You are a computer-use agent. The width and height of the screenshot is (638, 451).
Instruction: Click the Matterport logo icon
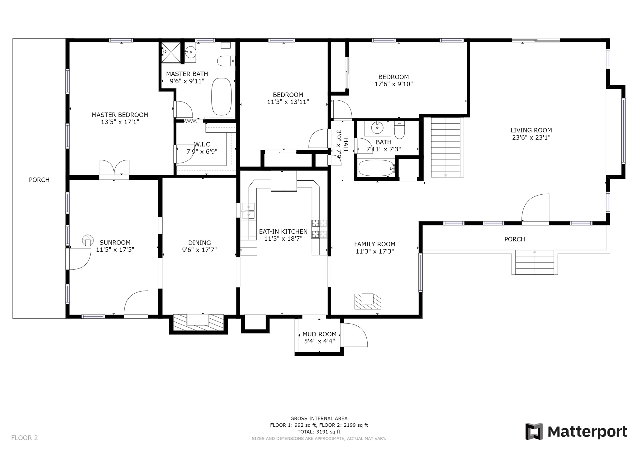534,431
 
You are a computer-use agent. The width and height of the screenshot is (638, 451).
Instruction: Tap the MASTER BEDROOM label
120,115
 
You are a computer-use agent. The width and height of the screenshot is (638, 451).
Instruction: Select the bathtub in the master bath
221,96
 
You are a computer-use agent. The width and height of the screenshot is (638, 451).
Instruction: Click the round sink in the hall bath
377,128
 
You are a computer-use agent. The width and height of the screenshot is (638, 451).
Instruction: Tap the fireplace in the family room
368,301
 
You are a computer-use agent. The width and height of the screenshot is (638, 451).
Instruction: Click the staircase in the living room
446,147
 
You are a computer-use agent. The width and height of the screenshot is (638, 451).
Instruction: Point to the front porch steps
535,262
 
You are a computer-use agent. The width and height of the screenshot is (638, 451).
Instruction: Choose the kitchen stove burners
319,229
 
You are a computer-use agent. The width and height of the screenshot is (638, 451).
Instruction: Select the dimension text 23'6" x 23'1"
531,137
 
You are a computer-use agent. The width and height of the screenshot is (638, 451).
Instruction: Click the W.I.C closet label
202,144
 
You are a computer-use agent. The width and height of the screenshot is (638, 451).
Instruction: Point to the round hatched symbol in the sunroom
88,240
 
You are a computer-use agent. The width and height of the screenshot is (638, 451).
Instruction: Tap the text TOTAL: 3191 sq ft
319,432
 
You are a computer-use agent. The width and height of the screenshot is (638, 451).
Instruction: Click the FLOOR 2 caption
24,438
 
